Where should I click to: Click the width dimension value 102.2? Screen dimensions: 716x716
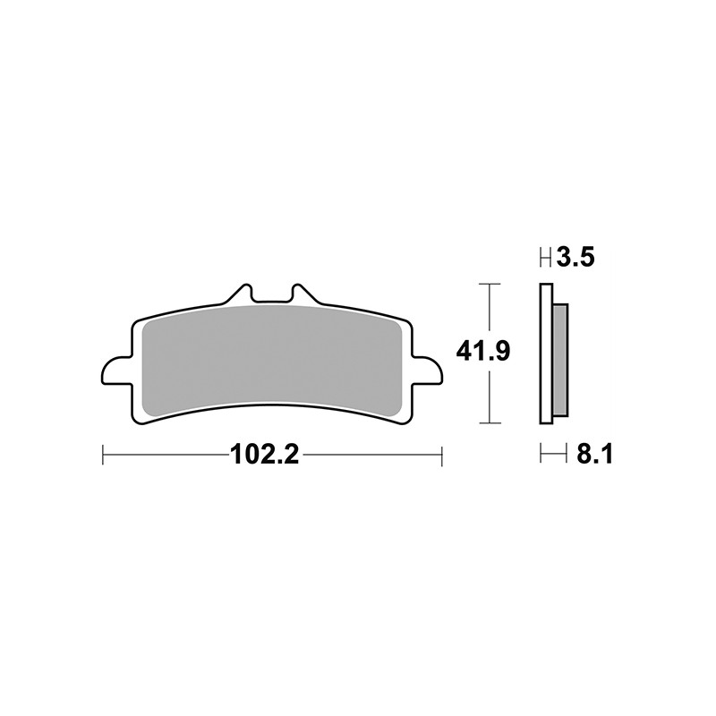point(264,455)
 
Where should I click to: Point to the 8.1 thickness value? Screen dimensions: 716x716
point(593,455)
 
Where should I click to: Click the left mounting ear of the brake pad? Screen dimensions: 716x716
point(116,369)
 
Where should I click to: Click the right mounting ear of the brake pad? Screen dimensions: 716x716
point(428,369)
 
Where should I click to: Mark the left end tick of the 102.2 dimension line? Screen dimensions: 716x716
point(104,455)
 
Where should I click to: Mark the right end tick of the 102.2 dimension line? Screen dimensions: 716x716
point(442,455)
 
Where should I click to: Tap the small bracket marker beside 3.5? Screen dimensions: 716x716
point(545,260)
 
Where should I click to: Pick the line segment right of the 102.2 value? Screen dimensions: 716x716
point(371,455)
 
